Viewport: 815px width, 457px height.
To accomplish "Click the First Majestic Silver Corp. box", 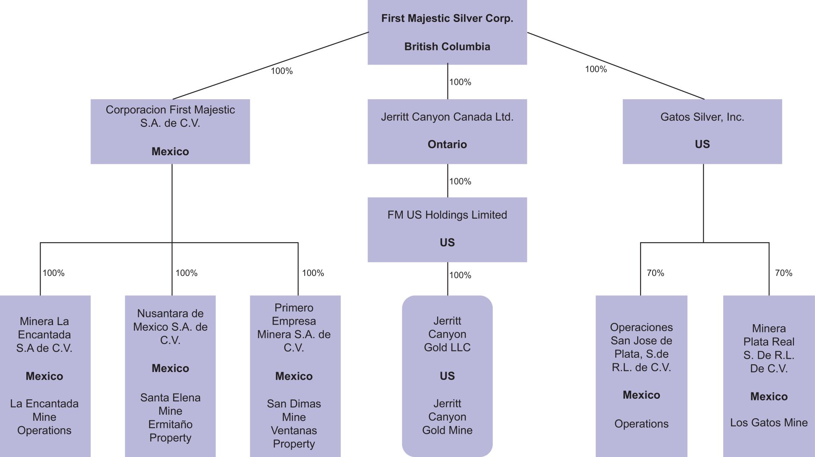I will pos(447,32).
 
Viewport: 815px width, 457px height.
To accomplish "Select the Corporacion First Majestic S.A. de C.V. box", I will pos(170,131).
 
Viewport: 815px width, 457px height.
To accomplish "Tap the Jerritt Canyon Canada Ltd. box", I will pos(447,131).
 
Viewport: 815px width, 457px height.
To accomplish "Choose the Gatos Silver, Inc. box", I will pos(702,131).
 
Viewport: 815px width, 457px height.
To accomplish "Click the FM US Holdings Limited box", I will pos(447,229).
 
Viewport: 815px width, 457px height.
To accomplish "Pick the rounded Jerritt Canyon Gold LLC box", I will pos(447,376).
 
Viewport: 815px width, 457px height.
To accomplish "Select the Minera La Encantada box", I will pos(44,376).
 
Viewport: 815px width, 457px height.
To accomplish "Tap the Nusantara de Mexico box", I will pos(170,376).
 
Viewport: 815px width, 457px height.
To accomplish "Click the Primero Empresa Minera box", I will pos(294,376).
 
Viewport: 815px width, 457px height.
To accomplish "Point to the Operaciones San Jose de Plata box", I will pos(641,376).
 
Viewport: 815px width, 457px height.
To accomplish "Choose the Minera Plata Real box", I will pos(769,376).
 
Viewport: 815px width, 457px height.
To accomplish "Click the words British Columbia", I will pos(447,47).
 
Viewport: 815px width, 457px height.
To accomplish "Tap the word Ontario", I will pos(447,144).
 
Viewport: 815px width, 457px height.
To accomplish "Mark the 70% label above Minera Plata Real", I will pos(784,273).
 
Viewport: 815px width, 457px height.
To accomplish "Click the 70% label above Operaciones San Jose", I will pos(655,273).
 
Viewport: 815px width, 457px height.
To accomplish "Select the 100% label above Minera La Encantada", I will pos(53,273).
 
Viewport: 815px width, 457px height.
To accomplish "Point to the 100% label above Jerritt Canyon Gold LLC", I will pos(460,275).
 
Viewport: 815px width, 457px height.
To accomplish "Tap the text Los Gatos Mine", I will pos(769,423).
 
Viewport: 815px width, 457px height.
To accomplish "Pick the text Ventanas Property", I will pos(294,437).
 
